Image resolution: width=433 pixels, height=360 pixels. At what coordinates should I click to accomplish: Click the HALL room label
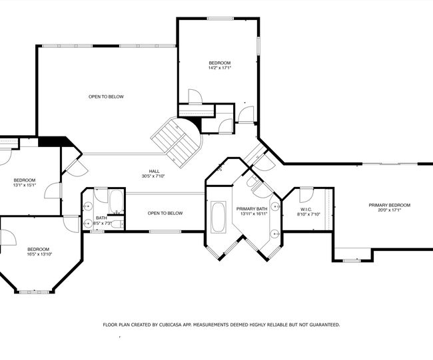click(154, 171)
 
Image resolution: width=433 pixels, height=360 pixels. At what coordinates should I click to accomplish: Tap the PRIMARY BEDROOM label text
click(390, 205)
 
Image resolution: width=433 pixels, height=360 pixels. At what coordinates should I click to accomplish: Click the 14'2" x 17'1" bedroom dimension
click(220, 68)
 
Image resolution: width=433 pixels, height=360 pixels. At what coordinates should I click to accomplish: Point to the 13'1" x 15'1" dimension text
click(25, 186)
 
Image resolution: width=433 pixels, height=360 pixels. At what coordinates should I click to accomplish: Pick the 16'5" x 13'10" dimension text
click(39, 254)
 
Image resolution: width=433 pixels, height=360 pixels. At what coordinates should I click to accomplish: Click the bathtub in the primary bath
click(218, 217)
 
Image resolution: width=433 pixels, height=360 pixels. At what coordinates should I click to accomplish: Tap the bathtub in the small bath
click(117, 202)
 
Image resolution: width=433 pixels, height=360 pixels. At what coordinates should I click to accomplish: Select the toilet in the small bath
click(118, 224)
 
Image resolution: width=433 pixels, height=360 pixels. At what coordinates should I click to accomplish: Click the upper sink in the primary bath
click(276, 206)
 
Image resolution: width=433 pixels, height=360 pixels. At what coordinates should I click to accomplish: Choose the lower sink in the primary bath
click(275, 234)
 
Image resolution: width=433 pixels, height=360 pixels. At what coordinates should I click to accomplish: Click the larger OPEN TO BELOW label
click(106, 97)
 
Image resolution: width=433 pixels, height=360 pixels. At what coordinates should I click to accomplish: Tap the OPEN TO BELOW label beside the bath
click(165, 213)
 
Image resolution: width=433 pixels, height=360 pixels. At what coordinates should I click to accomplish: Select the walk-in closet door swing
click(307, 195)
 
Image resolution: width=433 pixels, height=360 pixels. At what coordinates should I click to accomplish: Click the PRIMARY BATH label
click(252, 209)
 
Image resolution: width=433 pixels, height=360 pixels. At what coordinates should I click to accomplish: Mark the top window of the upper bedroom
click(220, 19)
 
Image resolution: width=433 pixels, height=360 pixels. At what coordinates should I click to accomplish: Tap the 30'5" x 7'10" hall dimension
click(153, 176)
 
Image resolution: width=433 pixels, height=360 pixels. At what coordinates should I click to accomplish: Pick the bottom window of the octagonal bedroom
click(34, 291)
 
